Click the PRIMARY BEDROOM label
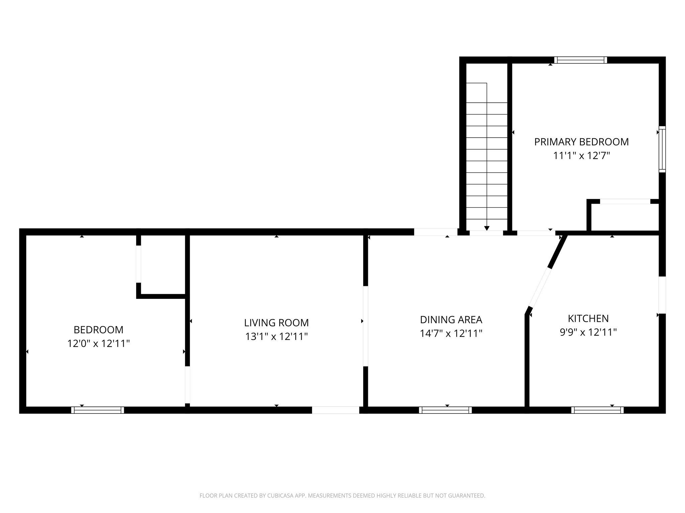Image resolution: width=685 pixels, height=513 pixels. (581, 142)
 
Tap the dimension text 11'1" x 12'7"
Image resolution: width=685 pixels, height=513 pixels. (581, 156)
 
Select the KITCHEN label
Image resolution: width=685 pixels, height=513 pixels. (588, 318)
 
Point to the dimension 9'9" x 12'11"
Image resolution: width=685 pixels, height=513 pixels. (588, 332)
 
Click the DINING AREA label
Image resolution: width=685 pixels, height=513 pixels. (451, 320)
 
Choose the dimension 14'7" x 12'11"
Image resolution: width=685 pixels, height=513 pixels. (451, 333)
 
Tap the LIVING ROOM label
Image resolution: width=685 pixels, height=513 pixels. (276, 323)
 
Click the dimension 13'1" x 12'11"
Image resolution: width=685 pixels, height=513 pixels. (276, 336)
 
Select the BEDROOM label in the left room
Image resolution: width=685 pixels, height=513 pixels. (98, 330)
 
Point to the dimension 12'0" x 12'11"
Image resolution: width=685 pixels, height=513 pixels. (98, 343)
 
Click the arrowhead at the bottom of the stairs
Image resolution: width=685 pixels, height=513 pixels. (487, 228)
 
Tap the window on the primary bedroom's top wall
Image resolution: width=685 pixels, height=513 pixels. (580, 60)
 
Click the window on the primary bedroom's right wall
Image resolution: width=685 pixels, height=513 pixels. (662, 149)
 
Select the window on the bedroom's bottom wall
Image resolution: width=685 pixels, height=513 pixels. (98, 410)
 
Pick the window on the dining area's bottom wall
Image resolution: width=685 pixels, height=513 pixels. (445, 410)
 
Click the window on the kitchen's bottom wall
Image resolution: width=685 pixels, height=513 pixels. (597, 410)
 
